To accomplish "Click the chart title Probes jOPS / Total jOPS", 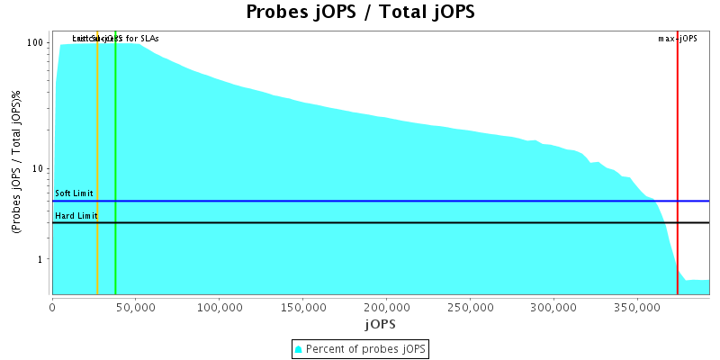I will [x=360, y=13].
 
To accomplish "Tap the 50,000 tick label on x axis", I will [x=135, y=307].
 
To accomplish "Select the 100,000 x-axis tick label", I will [x=219, y=307].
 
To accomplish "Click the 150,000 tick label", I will [x=302, y=307].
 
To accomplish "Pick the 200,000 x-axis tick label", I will [x=386, y=307].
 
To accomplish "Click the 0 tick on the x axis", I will [x=52, y=307].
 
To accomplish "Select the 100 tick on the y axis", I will [x=36, y=42].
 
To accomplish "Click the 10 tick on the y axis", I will [x=40, y=168].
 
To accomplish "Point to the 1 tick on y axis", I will [x=42, y=259].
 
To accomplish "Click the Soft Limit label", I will [x=74, y=193].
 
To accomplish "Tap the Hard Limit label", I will [x=76, y=216].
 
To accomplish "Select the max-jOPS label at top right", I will [x=678, y=39].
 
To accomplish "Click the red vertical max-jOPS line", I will [x=678, y=162].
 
